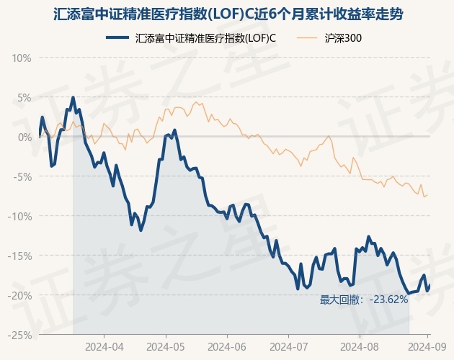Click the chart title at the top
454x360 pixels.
[228, 14]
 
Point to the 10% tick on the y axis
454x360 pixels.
[22, 58]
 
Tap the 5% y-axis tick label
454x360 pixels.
[24, 97]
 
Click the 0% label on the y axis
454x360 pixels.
[24, 137]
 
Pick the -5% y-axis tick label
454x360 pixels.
[22, 176]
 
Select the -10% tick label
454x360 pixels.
[20, 216]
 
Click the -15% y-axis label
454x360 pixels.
[20, 256]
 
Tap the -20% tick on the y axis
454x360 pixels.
[20, 295]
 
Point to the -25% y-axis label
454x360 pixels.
[20, 335]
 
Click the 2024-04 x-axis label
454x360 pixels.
[104, 346]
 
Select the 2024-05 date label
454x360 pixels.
[166, 346]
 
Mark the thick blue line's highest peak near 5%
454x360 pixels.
[73, 97]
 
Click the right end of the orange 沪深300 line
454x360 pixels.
[429, 194]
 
